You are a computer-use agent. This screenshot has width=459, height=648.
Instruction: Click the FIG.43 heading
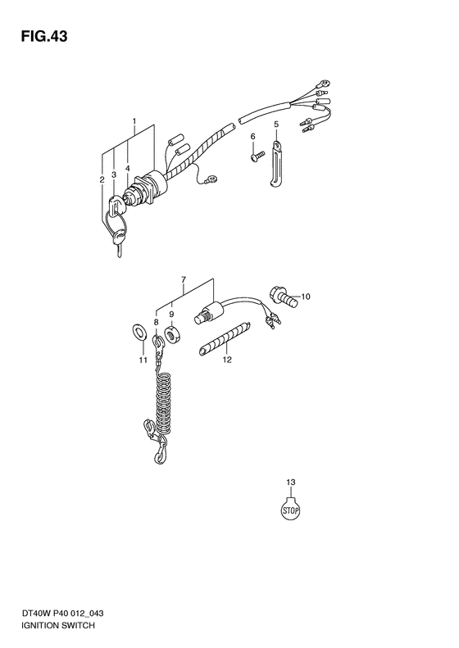pos(44,36)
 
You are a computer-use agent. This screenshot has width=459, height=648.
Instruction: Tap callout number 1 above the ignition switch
pos(134,120)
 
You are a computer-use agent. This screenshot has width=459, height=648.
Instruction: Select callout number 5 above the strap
pos(276,124)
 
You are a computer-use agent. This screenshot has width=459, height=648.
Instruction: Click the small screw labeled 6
pos(257,156)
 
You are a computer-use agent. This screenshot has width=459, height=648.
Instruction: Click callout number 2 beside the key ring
pos(102,179)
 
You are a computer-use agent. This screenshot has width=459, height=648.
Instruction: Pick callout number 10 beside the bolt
pos(305,297)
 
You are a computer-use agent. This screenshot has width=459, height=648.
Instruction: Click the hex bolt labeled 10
pos(283,297)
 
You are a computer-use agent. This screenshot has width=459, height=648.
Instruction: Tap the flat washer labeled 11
pos(138,332)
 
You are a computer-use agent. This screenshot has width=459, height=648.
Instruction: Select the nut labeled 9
pos(171,334)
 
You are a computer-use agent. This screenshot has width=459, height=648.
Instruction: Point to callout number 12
pos(227,360)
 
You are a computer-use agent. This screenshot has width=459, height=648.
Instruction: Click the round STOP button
pos(290,510)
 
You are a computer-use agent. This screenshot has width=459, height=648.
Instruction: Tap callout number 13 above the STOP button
pos(291,482)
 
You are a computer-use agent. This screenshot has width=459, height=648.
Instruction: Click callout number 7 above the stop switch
pos(183,280)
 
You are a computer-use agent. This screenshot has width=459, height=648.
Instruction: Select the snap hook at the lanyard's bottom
pos(160,450)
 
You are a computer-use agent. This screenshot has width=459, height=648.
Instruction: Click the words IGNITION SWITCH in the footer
pos(58,625)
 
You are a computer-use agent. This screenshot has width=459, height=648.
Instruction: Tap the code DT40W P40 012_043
pos(62,613)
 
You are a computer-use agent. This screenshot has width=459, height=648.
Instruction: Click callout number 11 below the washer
pos(143,360)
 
